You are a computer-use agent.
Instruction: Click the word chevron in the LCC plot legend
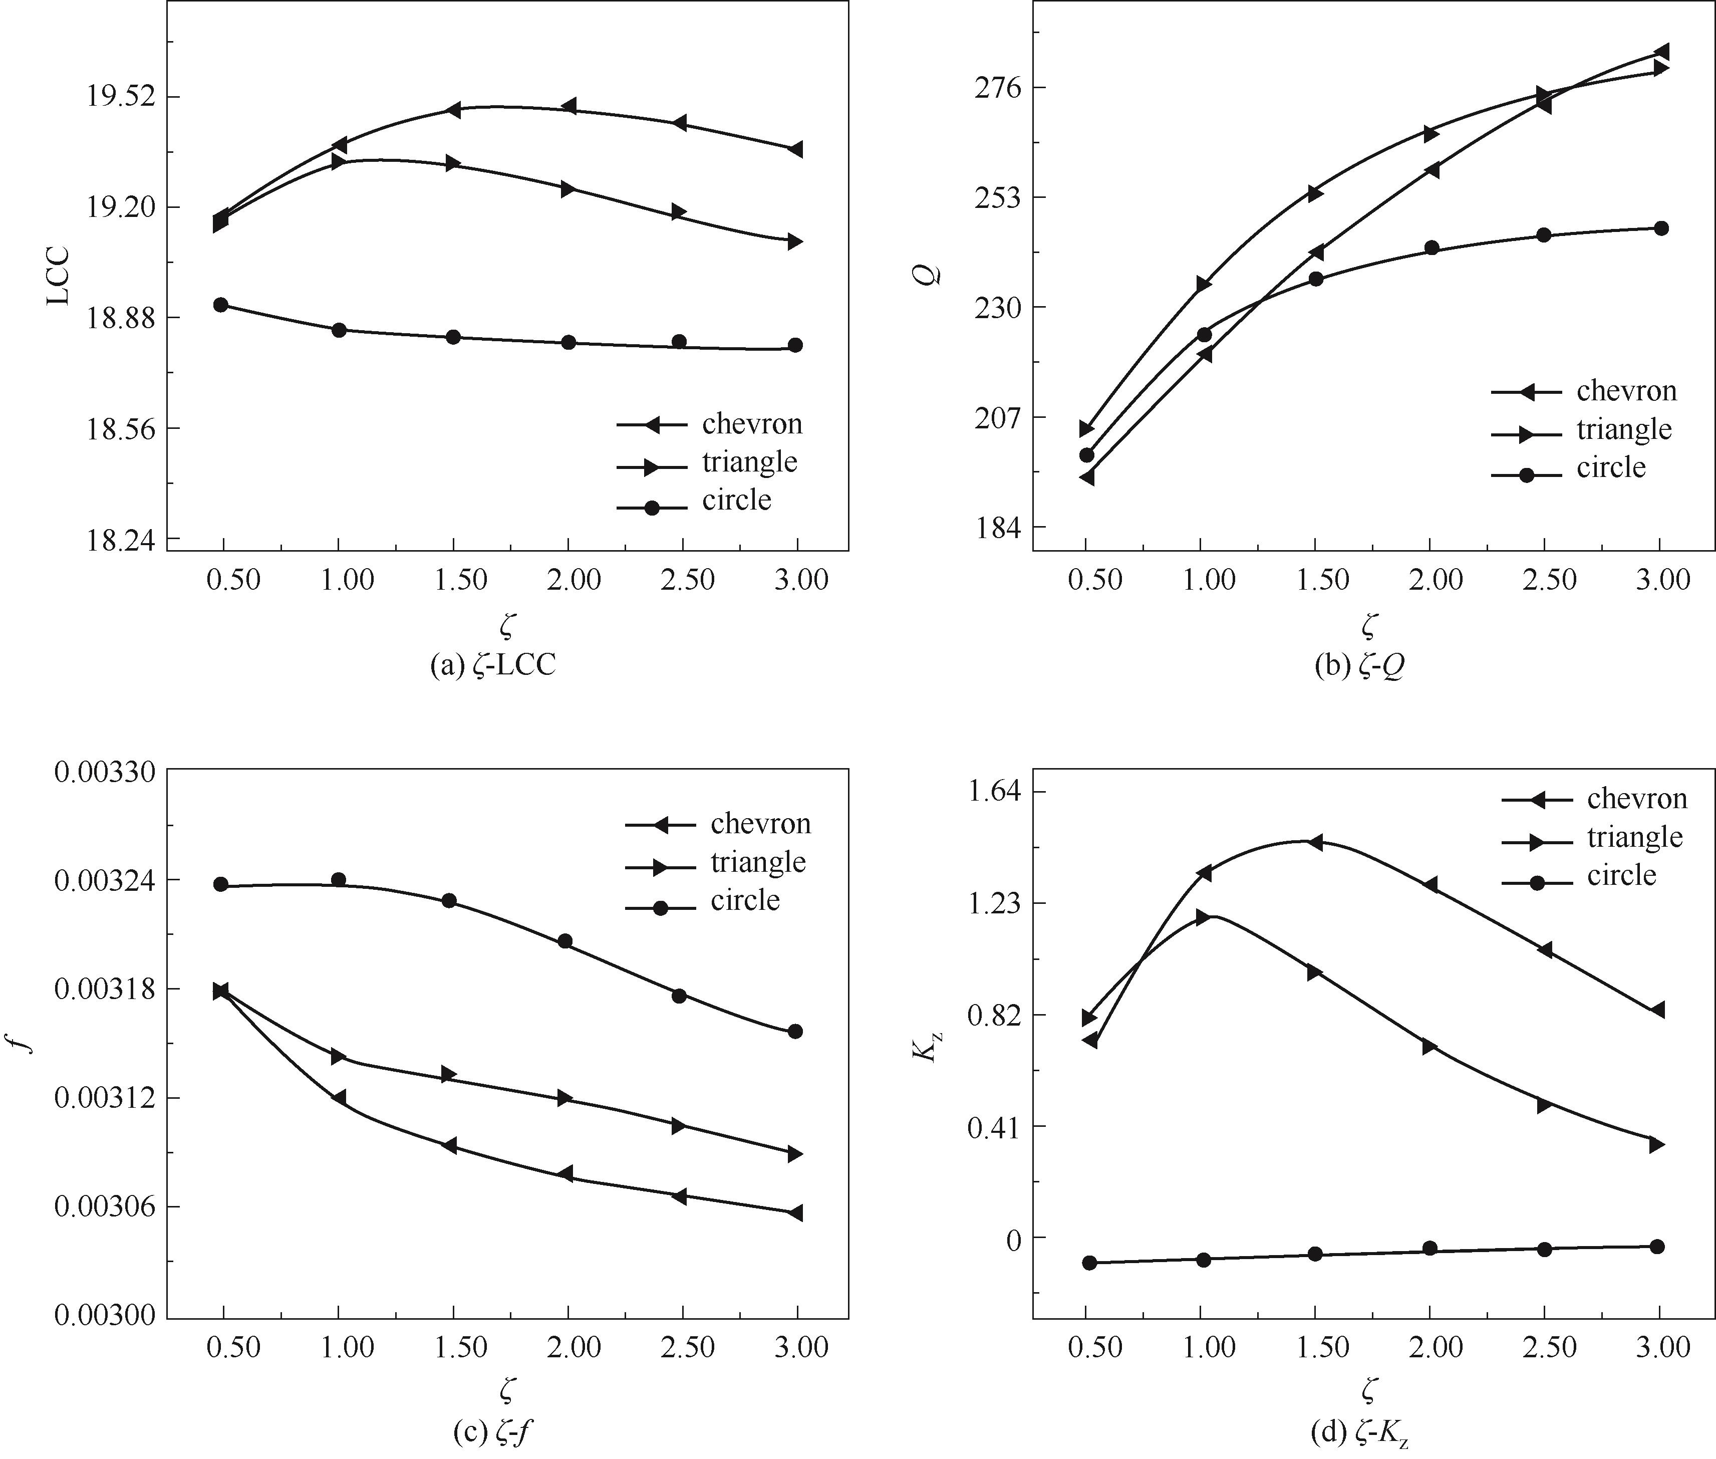[x=752, y=424]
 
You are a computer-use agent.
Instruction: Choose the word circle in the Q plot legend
[x=1611, y=468]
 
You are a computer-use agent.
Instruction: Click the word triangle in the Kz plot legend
[x=1634, y=838]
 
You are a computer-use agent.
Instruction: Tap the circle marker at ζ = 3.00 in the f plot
[x=795, y=1032]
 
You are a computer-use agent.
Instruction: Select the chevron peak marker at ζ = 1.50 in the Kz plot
[x=1315, y=843]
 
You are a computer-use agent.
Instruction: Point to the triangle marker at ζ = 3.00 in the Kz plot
[x=1656, y=1145]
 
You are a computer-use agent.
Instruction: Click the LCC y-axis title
[x=58, y=277]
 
